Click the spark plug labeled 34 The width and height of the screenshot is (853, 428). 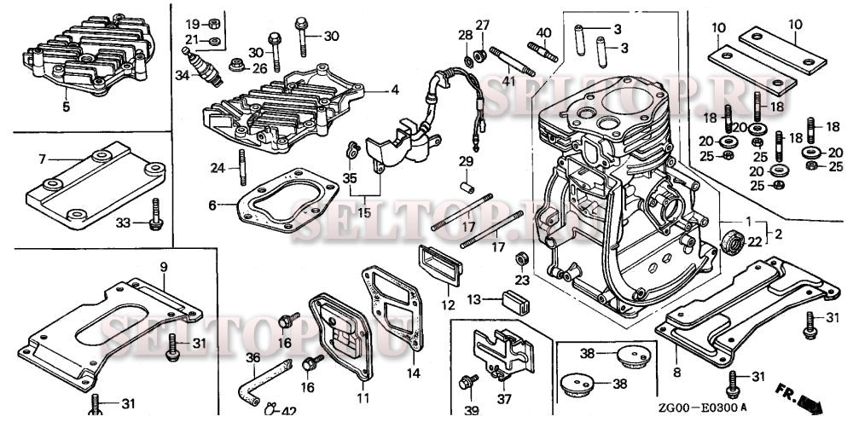click(x=202, y=67)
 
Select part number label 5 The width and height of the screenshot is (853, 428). click(x=66, y=107)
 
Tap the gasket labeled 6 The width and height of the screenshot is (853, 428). click(x=287, y=200)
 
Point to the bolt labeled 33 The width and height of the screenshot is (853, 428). click(x=156, y=215)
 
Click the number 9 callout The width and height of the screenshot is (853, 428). click(x=164, y=267)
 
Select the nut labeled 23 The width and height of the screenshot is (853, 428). click(x=521, y=258)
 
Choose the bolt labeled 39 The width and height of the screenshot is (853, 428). click(x=467, y=381)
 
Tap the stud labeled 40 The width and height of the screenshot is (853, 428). click(x=543, y=52)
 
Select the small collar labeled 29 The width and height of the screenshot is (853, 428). click(x=467, y=188)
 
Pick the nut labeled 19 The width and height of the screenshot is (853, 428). click(x=214, y=23)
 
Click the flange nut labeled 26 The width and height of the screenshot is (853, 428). click(x=235, y=66)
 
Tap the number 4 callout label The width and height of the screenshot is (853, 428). click(x=395, y=90)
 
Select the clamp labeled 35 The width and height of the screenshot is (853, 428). click(x=352, y=149)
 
